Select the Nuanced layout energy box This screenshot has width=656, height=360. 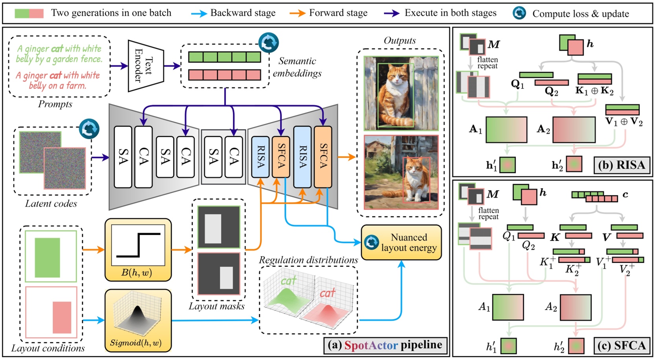[x=401, y=242]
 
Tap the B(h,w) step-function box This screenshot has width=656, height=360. [x=138, y=250]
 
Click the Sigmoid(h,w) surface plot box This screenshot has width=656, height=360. [x=138, y=320]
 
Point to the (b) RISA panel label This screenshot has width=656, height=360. [x=621, y=165]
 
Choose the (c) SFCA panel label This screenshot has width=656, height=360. [x=621, y=345]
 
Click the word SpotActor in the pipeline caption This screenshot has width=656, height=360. [x=371, y=345]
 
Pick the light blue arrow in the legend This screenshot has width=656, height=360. [x=199, y=13]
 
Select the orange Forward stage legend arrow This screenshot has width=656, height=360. [x=297, y=13]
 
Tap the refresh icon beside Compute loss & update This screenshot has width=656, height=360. [x=519, y=13]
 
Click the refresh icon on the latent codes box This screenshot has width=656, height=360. [x=89, y=129]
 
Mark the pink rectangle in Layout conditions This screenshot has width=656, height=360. [x=62, y=317]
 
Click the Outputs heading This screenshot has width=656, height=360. [x=400, y=41]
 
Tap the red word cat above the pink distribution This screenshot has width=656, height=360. [x=327, y=293]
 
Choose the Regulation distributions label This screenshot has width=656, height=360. [x=308, y=260]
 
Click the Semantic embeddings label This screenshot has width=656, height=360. [x=297, y=67]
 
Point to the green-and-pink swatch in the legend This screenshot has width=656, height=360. [x=29, y=13]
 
